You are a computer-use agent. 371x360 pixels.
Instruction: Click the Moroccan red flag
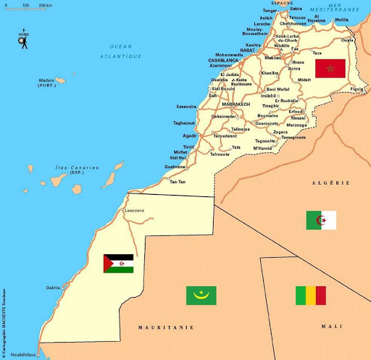pyautogui.click(x=330, y=69)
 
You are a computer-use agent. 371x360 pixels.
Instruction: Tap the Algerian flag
pyautogui.click(x=321, y=219)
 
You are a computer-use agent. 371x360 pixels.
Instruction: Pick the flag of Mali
pyautogui.click(x=310, y=296)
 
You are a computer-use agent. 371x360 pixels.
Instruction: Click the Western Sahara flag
pyautogui.click(x=118, y=263)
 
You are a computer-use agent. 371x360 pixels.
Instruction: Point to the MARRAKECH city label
pyautogui.click(x=235, y=104)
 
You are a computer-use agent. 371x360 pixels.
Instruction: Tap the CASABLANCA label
pyautogui.click(x=226, y=60)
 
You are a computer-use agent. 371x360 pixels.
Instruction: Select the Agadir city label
pyautogui.click(x=190, y=135)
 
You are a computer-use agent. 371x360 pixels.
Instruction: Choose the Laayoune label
pyautogui.click(x=135, y=211)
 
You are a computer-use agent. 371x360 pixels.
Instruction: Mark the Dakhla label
pyautogui.click(x=54, y=288)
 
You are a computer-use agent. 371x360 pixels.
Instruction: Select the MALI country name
pyautogui.click(x=331, y=327)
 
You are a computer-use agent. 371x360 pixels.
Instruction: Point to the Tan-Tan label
pyautogui.click(x=178, y=181)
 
